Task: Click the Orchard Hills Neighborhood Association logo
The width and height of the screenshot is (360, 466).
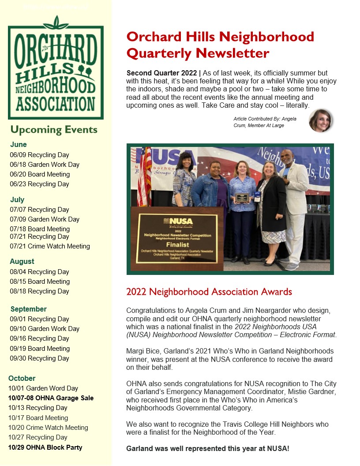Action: click(56, 68)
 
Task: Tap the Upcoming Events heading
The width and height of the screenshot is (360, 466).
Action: click(54, 130)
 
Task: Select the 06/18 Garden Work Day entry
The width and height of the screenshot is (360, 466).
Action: click(45, 165)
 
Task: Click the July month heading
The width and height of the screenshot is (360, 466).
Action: click(17, 199)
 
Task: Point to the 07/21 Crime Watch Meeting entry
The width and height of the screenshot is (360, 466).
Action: click(50, 246)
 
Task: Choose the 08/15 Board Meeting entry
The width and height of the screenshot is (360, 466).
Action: click(40, 282)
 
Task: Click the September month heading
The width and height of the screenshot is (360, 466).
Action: click(28, 309)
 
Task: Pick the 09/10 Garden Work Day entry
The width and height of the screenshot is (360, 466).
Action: click(45, 329)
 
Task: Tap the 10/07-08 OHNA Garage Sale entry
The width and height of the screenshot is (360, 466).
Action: click(51, 398)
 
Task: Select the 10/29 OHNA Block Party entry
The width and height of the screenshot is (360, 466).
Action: click(45, 447)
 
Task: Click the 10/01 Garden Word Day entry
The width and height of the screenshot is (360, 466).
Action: click(43, 388)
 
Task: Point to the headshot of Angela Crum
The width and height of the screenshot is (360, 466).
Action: click(320, 120)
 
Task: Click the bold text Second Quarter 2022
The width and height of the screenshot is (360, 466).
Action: click(161, 73)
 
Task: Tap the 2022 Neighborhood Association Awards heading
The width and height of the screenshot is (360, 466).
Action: click(209, 292)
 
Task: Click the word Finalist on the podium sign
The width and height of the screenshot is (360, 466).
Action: click(177, 244)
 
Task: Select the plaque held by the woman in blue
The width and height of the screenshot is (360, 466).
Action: click(241, 197)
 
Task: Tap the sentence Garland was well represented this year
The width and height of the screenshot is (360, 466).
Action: click(208, 448)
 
